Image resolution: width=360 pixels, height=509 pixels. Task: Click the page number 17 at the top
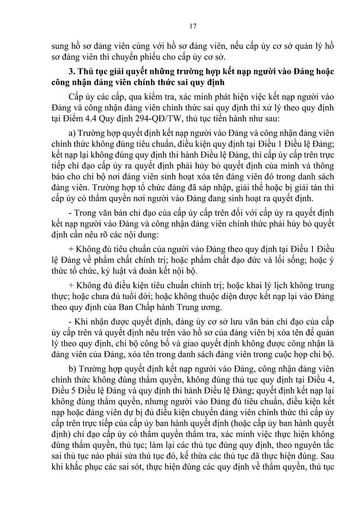click(x=193, y=26)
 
